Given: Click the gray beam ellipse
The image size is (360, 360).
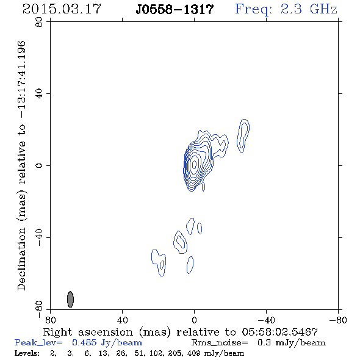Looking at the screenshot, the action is (70, 299).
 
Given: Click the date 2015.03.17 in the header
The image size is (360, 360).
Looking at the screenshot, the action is (62, 9).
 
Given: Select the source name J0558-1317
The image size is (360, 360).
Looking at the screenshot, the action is (175, 9).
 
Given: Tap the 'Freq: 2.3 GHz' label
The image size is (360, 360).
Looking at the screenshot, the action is (286, 9).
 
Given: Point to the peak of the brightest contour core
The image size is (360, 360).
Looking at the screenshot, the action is (194, 164).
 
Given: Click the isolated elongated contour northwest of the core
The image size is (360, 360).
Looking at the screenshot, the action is (243, 135).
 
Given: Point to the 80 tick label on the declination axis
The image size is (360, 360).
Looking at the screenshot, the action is (39, 22).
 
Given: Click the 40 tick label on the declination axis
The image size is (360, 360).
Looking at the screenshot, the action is (39, 94).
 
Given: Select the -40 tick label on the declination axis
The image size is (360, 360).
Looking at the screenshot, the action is (39, 237).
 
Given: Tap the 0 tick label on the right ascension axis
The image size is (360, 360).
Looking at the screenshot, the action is (194, 320).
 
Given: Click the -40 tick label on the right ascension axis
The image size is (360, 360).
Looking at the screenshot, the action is (266, 320).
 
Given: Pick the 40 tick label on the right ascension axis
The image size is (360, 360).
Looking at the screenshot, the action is (122, 320).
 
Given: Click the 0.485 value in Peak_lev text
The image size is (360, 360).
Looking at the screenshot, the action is (84, 342).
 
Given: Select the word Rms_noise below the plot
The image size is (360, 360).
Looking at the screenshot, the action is (220, 343).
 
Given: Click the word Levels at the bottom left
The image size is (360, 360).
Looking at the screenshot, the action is (27, 353).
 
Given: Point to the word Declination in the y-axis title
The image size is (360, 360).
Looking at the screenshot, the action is (21, 259).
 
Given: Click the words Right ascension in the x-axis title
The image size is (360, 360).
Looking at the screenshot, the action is (88, 332).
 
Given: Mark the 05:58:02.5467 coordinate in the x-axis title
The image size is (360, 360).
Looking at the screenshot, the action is (279, 332).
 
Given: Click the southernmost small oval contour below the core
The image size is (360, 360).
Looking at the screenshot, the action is (190, 265).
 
